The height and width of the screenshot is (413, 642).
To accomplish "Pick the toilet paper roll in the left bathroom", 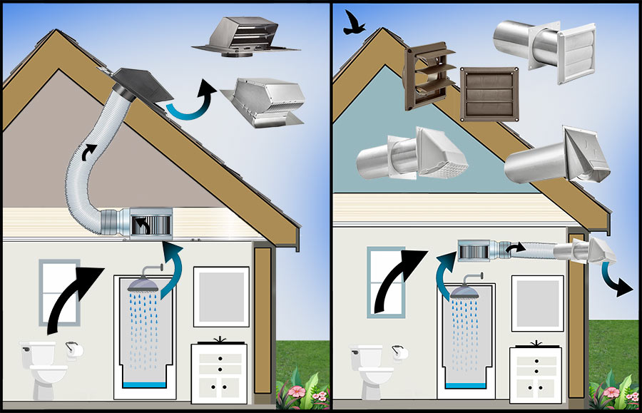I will pyautogui.click(x=71, y=350).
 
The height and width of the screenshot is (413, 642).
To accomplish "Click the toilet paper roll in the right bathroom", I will pyautogui.click(x=398, y=352).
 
